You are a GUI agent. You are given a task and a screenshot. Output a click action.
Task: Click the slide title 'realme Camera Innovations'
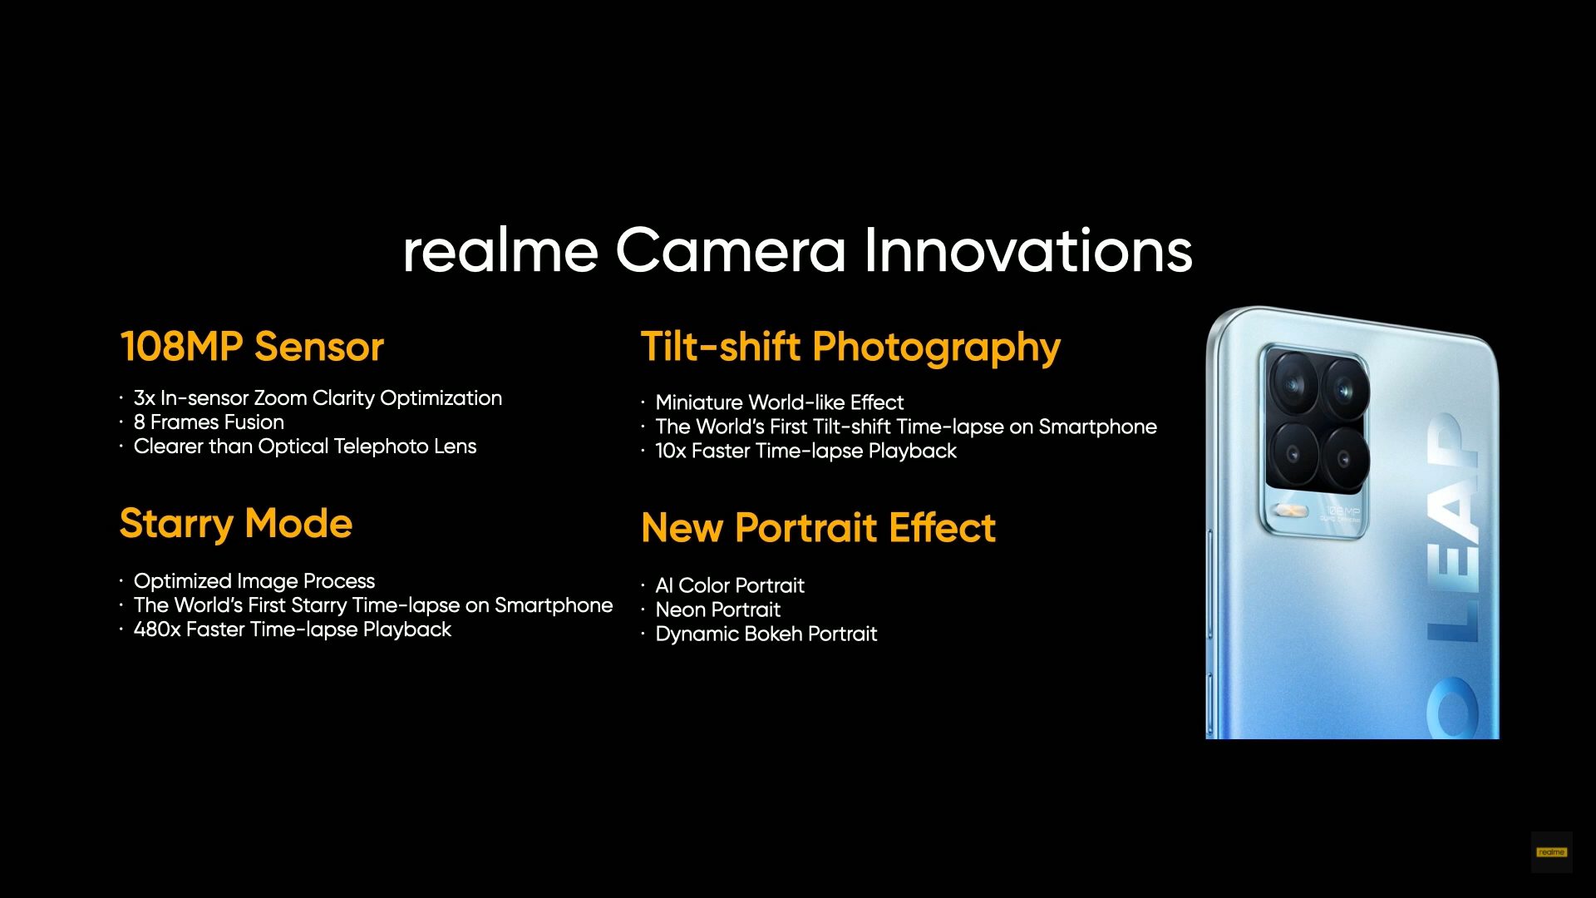coord(798,251)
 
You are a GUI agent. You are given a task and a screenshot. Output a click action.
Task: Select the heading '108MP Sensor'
coord(252,347)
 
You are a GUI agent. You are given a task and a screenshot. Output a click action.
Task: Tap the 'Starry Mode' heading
coord(236,525)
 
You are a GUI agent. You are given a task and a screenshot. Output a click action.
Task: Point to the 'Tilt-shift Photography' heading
coord(850,348)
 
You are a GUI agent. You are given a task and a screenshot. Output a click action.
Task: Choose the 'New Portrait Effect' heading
coord(819,528)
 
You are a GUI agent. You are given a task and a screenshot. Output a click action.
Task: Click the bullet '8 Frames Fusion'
coord(209,422)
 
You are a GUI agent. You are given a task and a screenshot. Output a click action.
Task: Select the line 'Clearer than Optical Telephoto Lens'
coord(305,447)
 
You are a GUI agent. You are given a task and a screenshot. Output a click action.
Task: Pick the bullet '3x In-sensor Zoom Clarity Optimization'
coord(318,398)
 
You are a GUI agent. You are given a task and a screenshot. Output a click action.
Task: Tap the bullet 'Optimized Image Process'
coord(254,581)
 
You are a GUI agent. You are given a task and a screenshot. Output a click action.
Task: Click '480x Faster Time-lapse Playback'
coord(293,629)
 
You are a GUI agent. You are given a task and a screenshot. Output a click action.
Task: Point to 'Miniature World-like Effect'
coord(780,402)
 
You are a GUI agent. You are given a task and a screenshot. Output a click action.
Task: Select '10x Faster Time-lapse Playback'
coord(806,451)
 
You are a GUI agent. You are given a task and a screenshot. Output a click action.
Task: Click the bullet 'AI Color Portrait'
coord(730,585)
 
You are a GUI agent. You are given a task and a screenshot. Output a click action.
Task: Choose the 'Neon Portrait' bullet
coord(718,609)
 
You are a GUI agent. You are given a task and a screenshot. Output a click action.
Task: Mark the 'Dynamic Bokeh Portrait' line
coord(766,634)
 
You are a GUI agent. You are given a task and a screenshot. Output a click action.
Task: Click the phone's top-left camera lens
coord(1293,384)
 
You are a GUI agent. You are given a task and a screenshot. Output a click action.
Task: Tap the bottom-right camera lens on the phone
coord(1347,458)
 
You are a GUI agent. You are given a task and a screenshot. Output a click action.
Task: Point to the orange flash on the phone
coord(1290,510)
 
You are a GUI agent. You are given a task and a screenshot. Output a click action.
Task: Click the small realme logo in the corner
coord(1551,852)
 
